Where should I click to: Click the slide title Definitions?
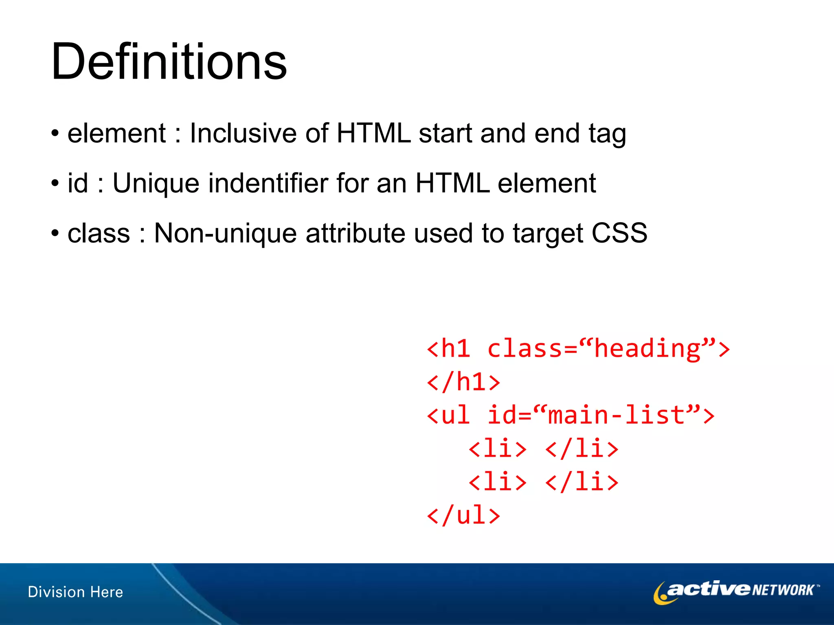(x=169, y=62)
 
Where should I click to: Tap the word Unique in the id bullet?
(x=156, y=183)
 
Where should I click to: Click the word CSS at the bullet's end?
(x=619, y=233)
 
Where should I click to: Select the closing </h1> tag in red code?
(x=463, y=382)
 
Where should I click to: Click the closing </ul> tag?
(x=463, y=516)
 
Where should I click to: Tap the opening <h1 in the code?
(x=448, y=349)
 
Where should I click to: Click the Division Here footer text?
(x=75, y=592)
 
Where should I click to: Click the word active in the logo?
(x=708, y=589)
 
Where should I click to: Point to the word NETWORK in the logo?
(x=783, y=590)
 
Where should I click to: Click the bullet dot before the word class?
(x=55, y=233)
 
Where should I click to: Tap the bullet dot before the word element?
(x=55, y=133)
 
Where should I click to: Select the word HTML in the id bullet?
(x=452, y=183)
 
